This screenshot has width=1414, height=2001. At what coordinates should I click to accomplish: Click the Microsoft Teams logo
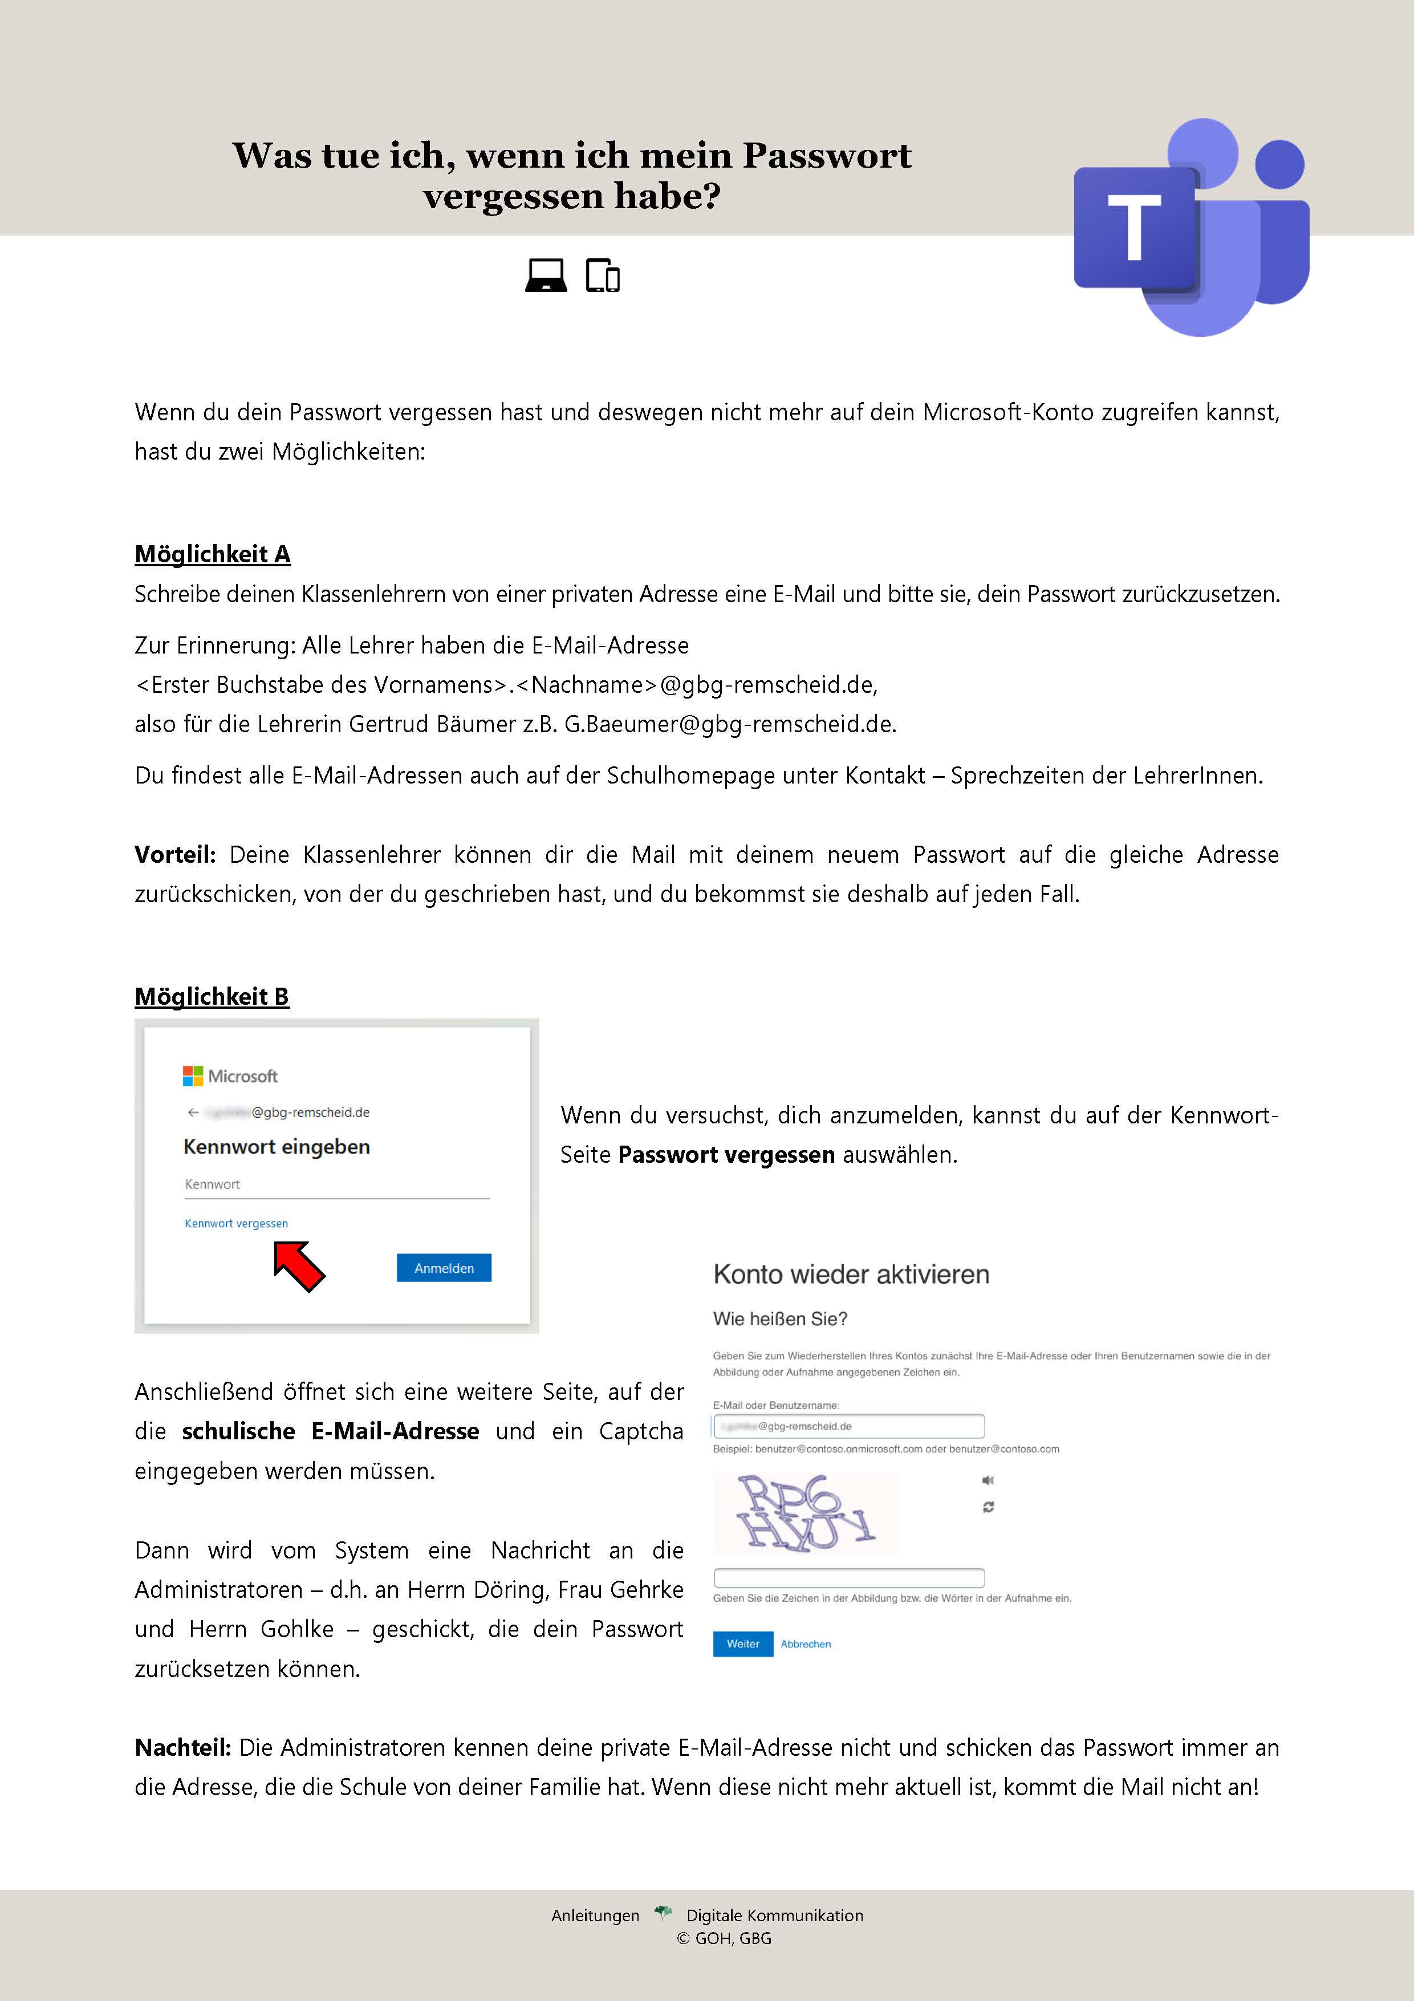coord(1191,228)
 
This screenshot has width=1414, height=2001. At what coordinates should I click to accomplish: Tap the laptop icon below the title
coord(546,275)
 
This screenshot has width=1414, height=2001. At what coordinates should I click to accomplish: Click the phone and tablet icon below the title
coord(603,275)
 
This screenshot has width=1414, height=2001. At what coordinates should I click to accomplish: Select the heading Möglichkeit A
coord(213,554)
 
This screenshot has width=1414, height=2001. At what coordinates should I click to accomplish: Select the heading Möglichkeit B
coord(212,996)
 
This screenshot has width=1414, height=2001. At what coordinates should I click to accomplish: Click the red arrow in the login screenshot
coord(299,1267)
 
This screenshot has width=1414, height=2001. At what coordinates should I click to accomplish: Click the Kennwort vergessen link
coord(236,1224)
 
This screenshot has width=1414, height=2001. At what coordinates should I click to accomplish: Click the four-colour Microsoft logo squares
coord(193,1076)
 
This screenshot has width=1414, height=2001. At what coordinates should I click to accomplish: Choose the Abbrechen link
coord(805,1643)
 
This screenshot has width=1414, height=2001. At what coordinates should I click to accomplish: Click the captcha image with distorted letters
coord(805,1513)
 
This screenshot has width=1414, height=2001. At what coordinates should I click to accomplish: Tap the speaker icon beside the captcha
coord(988,1480)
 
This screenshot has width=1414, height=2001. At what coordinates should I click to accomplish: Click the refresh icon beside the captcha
coord(988,1507)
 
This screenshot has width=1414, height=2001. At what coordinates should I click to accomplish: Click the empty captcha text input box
coord(848,1577)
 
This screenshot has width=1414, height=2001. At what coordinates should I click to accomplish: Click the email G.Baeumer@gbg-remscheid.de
coord(730,724)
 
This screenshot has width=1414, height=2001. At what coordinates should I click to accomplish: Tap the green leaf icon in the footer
coord(664,1913)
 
